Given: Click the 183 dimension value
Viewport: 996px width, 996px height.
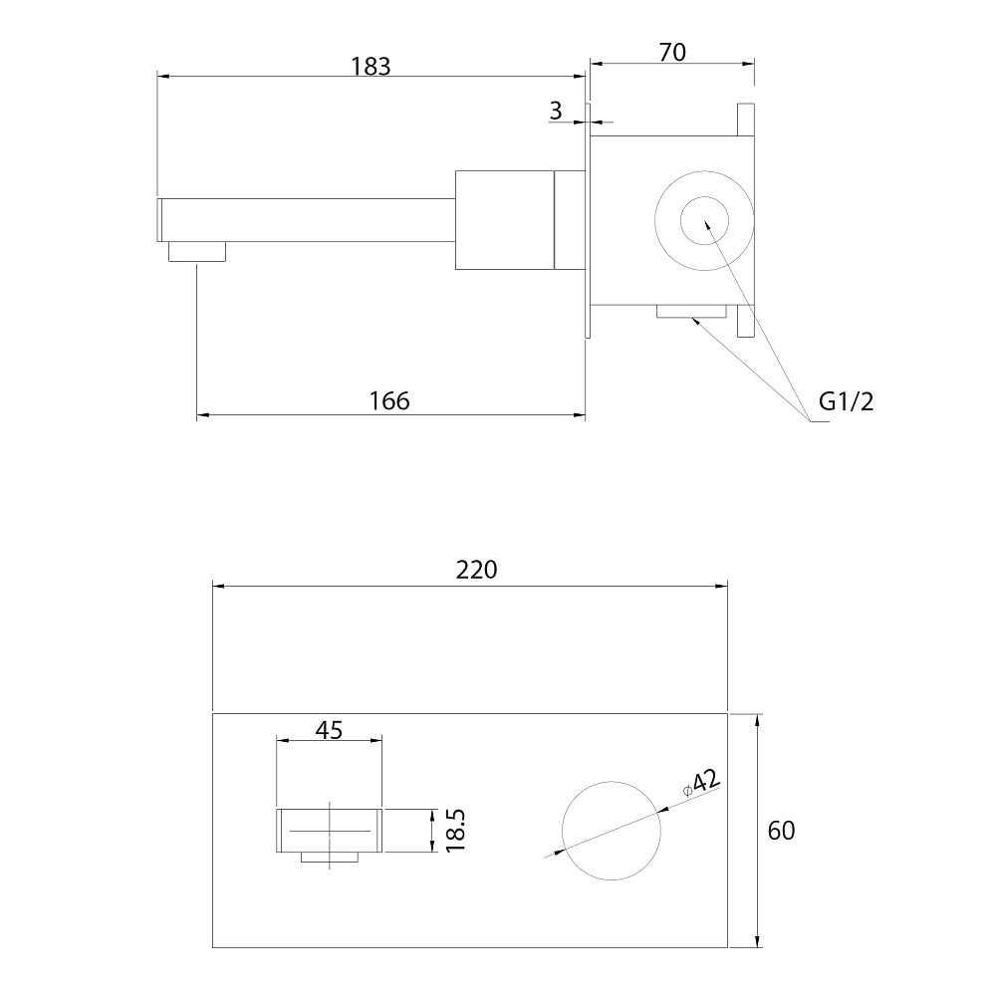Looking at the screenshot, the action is pyautogui.click(x=372, y=66).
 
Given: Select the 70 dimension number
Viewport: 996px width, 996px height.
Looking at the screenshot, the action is pyautogui.click(x=672, y=53).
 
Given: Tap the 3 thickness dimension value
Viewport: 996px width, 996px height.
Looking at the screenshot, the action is pyautogui.click(x=556, y=111).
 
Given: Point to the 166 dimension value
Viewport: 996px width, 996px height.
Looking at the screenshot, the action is pyautogui.click(x=389, y=400).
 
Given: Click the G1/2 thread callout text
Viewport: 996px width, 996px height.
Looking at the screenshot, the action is pyautogui.click(x=846, y=400).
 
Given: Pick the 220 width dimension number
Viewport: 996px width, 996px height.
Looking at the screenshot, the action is pyautogui.click(x=476, y=570).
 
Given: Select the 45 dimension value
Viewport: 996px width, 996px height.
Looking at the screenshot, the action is pyautogui.click(x=329, y=730).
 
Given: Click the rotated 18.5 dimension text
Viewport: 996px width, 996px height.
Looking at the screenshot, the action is pyautogui.click(x=455, y=831).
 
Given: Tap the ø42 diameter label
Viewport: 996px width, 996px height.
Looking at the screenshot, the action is pyautogui.click(x=701, y=782).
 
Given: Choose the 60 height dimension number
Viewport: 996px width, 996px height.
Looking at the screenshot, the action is pyautogui.click(x=781, y=831).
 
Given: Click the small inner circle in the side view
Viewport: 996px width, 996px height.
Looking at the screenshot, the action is pyautogui.click(x=704, y=220).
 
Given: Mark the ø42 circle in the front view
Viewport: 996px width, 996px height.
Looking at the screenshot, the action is pyautogui.click(x=612, y=831).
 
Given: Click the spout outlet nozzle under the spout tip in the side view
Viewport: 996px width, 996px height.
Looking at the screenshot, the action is pyautogui.click(x=197, y=252).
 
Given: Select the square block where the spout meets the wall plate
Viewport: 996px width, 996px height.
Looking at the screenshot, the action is pyautogui.click(x=505, y=220).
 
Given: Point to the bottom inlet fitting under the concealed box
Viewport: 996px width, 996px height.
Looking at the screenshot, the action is pyautogui.click(x=691, y=311).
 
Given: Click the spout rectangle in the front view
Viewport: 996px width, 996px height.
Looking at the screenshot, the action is pyautogui.click(x=329, y=831).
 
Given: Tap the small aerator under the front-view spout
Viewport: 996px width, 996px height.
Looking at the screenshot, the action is pyautogui.click(x=329, y=857).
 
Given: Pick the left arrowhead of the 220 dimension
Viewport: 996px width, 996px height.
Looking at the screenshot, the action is pyautogui.click(x=218, y=586).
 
